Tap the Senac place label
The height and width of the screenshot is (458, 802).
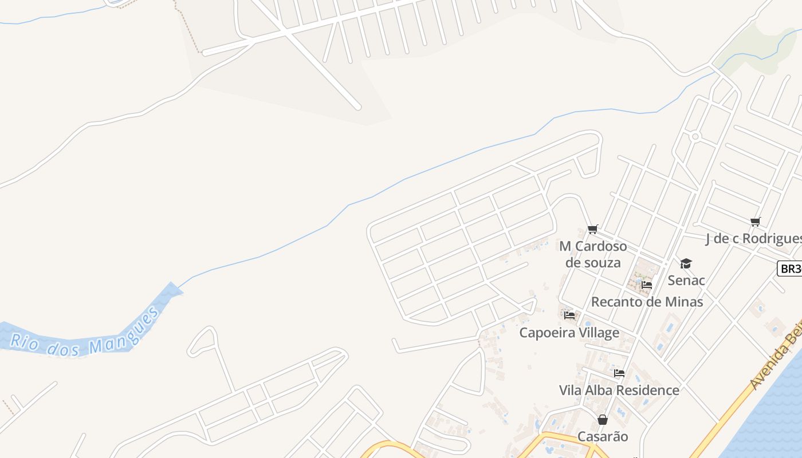(686, 281)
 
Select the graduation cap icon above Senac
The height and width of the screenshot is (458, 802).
(686, 263)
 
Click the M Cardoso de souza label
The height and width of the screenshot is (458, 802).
(593, 254)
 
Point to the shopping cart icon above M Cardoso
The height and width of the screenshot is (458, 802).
(593, 230)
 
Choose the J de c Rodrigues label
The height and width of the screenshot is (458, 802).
(753, 239)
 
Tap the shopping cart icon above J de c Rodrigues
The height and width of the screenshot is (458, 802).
(756, 222)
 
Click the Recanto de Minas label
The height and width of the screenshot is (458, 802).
(647, 302)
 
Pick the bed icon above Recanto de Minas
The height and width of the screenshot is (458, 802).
(647, 285)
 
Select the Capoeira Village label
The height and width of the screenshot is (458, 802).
(569, 333)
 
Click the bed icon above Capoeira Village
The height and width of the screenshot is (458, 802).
(569, 315)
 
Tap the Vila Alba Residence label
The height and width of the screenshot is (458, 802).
(619, 390)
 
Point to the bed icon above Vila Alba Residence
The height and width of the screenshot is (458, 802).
(619, 373)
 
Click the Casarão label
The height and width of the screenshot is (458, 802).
(603, 437)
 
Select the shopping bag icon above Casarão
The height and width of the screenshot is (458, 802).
(603, 420)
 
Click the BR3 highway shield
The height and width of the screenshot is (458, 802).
(789, 269)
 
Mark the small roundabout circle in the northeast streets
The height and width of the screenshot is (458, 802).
(695, 136)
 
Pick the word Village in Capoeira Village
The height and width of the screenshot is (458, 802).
(597, 333)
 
